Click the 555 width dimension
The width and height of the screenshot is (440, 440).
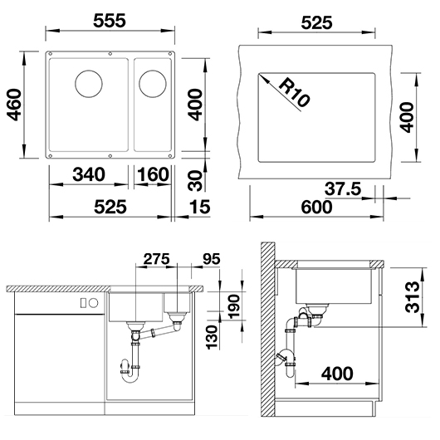tap(110, 21)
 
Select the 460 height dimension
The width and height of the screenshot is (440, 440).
tap(14, 105)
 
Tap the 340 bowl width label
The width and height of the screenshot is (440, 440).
tap(89, 174)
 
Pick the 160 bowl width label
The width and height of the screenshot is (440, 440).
tap(153, 174)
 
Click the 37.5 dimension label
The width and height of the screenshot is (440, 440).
tap(343, 188)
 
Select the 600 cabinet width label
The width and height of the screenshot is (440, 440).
tap(316, 208)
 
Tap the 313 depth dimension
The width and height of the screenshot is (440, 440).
tap(413, 297)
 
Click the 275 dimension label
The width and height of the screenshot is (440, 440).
tap(157, 259)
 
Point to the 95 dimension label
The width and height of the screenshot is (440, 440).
tap(211, 259)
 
